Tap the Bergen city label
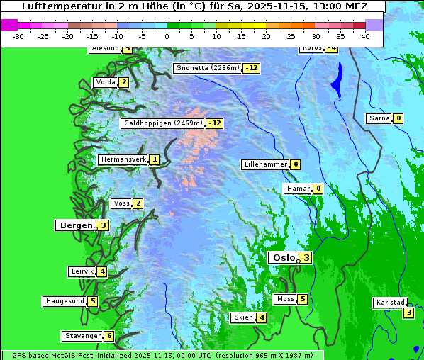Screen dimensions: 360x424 pos(75,225)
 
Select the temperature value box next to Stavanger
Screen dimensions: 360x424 pos(108,336)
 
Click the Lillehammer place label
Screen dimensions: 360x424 pos(265,164)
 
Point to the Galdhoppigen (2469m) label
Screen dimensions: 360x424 pos(163,123)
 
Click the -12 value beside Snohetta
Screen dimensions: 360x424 pos(251,69)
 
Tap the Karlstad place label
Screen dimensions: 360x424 pos(391,303)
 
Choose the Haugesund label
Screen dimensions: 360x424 pos(65,301)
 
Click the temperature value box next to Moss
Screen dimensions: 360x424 pos(303,299)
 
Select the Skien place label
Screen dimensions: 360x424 pos(242,317)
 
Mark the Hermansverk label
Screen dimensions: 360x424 pos(123,160)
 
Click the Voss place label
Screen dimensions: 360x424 pos(121,204)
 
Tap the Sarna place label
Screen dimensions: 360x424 pos(379,118)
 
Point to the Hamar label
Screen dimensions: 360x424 pos(297,189)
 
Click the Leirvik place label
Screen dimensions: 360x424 pos(82,271)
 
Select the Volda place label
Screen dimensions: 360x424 pos(105,82)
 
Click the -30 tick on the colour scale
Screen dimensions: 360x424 pos(18,36)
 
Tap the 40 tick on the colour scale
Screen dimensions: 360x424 pos(365,36)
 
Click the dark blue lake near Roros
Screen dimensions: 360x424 pos(337,79)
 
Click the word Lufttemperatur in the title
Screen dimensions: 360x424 pos(55,6)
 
